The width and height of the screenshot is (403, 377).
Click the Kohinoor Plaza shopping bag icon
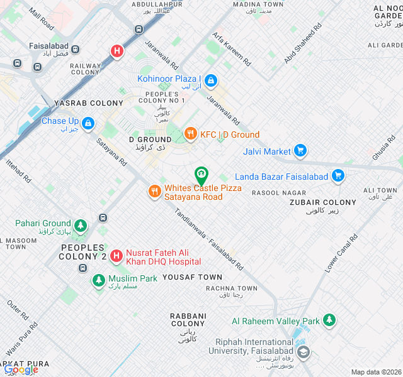point(211,80)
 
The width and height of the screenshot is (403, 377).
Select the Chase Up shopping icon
point(88,122)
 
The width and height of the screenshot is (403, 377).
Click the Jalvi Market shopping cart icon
point(300,151)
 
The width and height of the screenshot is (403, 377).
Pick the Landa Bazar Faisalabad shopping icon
point(338,176)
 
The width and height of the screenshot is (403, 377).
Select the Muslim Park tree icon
point(98,280)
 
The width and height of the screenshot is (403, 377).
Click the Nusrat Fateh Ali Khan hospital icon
point(116,255)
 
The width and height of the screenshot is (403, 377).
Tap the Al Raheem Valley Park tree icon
point(329,320)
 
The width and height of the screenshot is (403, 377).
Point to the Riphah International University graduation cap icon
point(304,352)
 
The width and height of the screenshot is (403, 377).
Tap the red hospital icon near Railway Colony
point(116,52)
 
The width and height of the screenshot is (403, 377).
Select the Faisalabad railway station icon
point(76,48)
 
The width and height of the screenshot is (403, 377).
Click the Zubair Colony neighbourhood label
point(322,202)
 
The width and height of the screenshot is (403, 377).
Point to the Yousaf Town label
point(192,277)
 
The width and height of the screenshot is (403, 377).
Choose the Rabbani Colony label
point(188,320)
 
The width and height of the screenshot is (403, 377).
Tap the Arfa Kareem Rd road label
point(232,50)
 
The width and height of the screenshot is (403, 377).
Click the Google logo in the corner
point(20,369)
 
